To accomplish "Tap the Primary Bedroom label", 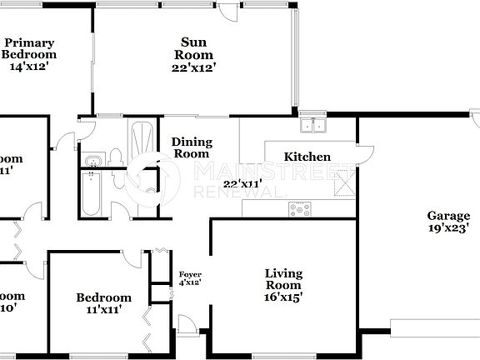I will [x=28, y=49].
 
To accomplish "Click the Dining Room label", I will [x=192, y=147].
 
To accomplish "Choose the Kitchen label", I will [x=307, y=157].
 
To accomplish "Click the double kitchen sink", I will [x=314, y=126].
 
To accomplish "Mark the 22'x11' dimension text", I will [x=242, y=183].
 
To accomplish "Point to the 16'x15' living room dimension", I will [x=283, y=295].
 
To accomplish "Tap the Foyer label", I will [x=190, y=273].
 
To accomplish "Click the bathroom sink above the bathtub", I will [x=94, y=158].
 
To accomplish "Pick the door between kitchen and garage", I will [x=365, y=154].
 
